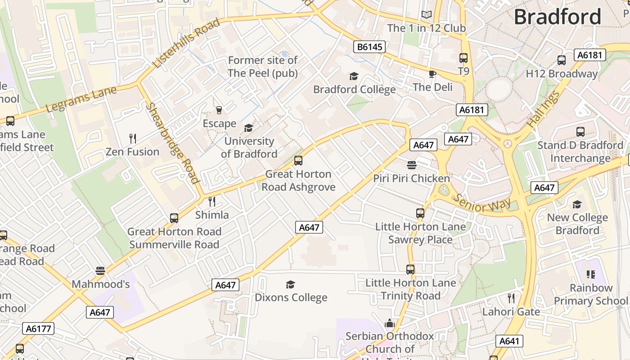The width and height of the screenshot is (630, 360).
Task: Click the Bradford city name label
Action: pyautogui.click(x=557, y=17)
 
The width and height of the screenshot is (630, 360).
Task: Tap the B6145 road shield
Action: pyautogui.click(x=369, y=47)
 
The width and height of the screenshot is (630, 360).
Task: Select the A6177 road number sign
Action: pyautogui.click(x=38, y=328)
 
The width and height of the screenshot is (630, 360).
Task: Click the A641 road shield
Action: pyautogui.click(x=509, y=341)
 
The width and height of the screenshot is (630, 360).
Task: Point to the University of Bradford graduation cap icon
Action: pyautogui.click(x=248, y=128)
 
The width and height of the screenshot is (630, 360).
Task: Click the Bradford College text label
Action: pyautogui.click(x=354, y=89)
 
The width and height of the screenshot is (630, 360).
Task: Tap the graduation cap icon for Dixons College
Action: pyautogui.click(x=291, y=284)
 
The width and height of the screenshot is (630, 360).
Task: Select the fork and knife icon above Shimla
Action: pyautogui.click(x=212, y=201)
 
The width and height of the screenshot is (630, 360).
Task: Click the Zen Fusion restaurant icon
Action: pyautogui.click(x=132, y=138)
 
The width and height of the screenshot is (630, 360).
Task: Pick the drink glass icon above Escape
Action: pyautogui.click(x=219, y=110)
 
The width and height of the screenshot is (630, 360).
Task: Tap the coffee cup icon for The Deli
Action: pyautogui.click(x=432, y=74)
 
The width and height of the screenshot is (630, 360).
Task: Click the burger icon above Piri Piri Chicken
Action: pyautogui.click(x=411, y=165)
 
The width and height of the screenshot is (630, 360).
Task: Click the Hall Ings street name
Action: pyautogui.click(x=544, y=109)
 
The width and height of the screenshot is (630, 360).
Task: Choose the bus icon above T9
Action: pyautogui.click(x=463, y=58)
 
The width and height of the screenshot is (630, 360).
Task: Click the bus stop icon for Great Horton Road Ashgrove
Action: pyautogui.click(x=298, y=161)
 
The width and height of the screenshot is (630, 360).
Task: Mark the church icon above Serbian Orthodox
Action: pyautogui.click(x=390, y=323)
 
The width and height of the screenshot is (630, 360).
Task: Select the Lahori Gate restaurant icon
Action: pyautogui.click(x=511, y=298)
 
